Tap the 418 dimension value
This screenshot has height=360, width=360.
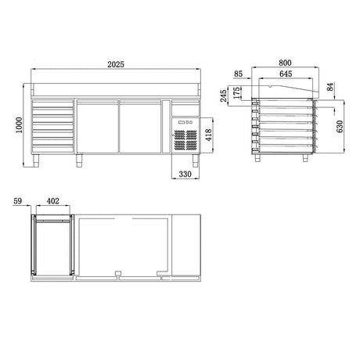(209, 135)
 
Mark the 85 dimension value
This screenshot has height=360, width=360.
(238, 76)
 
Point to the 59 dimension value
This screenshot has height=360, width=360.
(18, 202)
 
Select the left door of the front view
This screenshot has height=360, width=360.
(95, 125)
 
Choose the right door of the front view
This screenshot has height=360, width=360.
(139, 125)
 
